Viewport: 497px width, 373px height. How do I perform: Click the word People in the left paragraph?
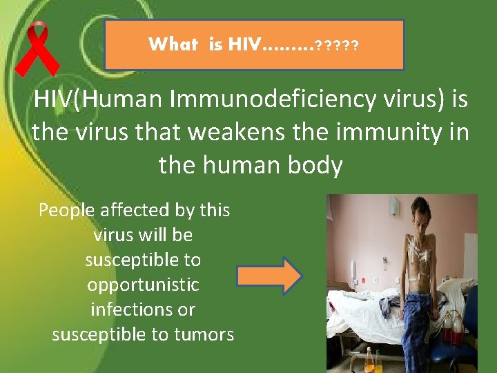pyautogui.click(x=68, y=210)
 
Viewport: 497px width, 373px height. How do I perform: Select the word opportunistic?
pyautogui.click(x=143, y=285)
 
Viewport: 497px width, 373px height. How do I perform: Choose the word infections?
pyautogui.click(x=143, y=309)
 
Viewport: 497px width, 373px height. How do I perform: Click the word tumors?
pyautogui.click(x=204, y=334)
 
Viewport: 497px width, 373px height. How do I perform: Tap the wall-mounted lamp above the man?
pyautogui.click(x=392, y=206)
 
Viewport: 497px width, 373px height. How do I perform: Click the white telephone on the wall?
pyautogui.click(x=353, y=269)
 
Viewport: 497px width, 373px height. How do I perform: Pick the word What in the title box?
pyautogui.click(x=173, y=46)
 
